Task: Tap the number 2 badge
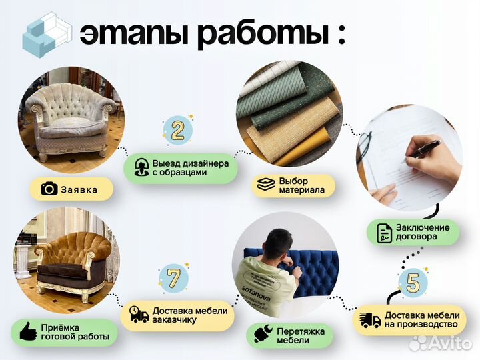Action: pos(178,130)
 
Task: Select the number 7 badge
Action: pos(173,278)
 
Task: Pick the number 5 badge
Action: pos(413,282)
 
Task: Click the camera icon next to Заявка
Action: pos(49,189)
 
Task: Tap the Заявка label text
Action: pos(79,190)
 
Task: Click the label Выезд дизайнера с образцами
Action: pos(190,167)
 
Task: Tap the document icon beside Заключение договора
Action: pos(385,233)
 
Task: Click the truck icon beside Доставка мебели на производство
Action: pos(370,320)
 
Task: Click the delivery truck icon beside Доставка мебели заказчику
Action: pos(139,315)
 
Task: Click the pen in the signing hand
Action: pos(425,148)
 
